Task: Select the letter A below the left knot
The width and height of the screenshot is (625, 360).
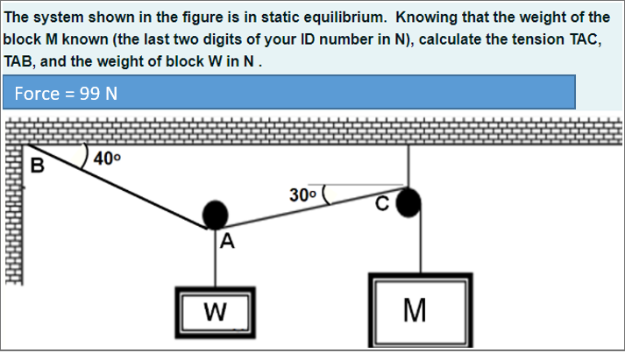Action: [x=227, y=243]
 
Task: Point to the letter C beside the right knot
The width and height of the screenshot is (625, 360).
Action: [x=381, y=206]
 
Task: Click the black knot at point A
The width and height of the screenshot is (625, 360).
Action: [x=216, y=214]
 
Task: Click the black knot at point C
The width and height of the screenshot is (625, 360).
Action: [x=408, y=203]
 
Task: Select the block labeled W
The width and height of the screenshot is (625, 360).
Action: [x=215, y=310]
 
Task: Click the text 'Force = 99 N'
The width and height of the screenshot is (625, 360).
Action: [x=67, y=94]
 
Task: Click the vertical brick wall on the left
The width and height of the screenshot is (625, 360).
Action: [x=11, y=228]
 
